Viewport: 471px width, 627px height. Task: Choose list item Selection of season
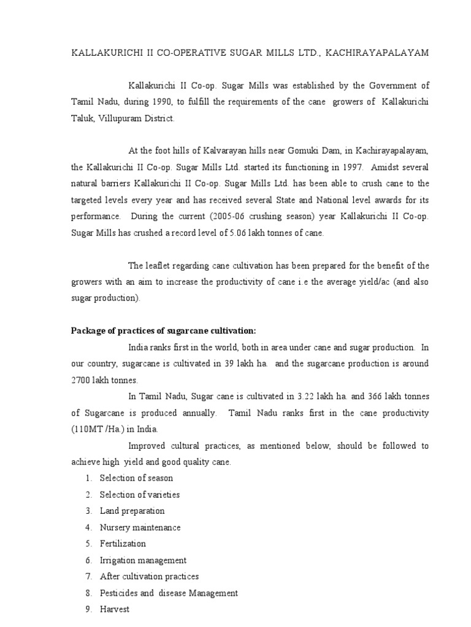pyautogui.click(x=136, y=478)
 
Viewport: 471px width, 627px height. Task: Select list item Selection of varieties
pyautogui.click(x=140, y=494)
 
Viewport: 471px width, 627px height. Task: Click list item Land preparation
pyautogui.click(x=132, y=511)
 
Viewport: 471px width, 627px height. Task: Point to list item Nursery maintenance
pyautogui.click(x=140, y=527)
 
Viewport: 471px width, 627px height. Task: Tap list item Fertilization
pyautogui.click(x=123, y=544)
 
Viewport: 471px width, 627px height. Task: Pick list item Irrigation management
pyautogui.click(x=143, y=560)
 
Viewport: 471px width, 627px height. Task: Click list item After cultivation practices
pyautogui.click(x=149, y=577)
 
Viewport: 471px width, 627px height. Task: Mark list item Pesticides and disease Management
pyautogui.click(x=169, y=593)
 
